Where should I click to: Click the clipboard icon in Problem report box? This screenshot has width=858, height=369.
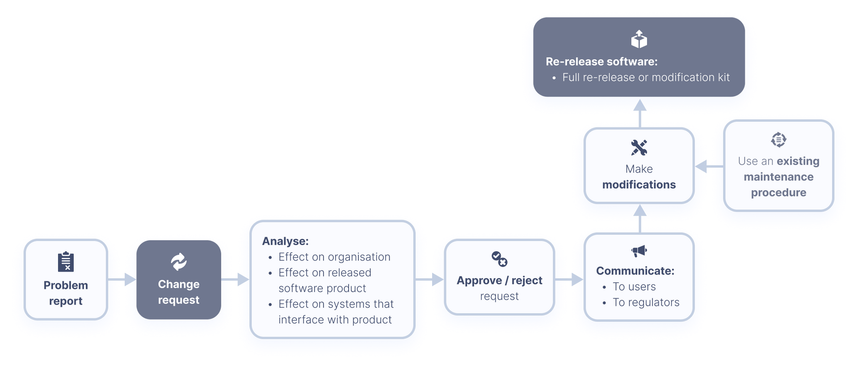[66, 262]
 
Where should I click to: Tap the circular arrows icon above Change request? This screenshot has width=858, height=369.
[179, 262]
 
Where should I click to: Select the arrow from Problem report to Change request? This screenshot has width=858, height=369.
[122, 280]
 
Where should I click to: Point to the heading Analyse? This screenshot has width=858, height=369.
[285, 241]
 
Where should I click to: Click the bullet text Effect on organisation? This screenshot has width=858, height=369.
[334, 257]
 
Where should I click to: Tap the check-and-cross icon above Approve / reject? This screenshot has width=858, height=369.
[499, 259]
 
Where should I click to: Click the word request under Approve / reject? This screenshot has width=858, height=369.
[499, 296]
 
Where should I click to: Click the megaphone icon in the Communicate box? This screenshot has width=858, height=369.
[639, 251]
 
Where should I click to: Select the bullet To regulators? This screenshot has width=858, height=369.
[646, 302]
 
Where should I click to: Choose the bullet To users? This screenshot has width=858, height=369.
[634, 287]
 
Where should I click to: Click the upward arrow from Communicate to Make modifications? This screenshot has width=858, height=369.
[640, 218]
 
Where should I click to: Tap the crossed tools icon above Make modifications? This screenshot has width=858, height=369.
[639, 148]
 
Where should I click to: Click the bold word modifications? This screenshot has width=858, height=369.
[639, 185]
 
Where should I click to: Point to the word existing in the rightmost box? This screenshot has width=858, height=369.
[798, 161]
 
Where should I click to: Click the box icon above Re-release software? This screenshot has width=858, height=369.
[639, 39]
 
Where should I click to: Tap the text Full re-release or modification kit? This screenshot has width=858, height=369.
[646, 77]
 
